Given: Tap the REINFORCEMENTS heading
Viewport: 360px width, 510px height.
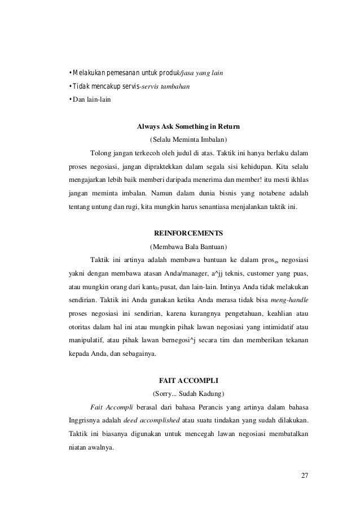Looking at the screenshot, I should point(188,233).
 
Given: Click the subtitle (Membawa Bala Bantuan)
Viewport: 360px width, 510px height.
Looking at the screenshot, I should point(188,246).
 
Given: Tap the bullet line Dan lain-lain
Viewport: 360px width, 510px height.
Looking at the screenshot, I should point(81,100).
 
